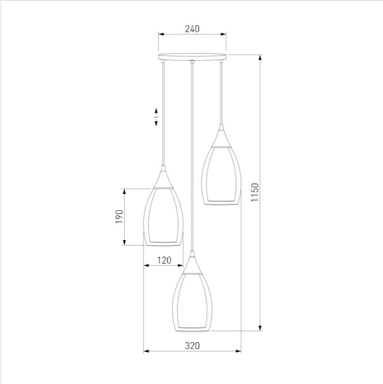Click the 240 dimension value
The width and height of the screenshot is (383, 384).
click(x=192, y=29)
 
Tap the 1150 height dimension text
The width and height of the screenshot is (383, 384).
click(x=255, y=192)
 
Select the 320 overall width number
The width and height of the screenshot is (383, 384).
click(x=192, y=346)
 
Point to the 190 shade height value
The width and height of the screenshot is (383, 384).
click(x=119, y=216)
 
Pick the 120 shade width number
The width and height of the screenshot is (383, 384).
click(x=164, y=260)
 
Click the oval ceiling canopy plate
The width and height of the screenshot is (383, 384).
click(x=192, y=56)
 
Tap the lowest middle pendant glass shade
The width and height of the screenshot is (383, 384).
click(x=192, y=302)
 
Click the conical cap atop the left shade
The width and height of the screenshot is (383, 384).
click(x=164, y=177)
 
